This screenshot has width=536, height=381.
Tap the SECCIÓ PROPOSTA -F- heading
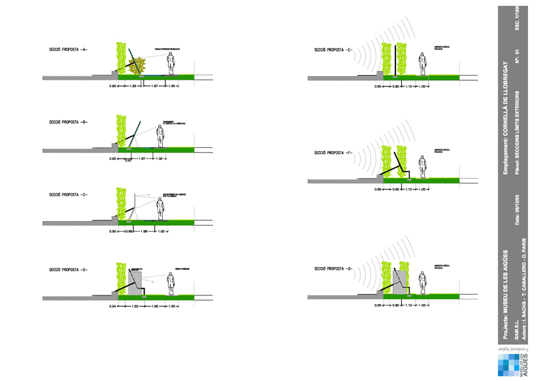pos(333,153)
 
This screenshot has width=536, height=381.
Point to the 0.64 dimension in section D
pos(114,305)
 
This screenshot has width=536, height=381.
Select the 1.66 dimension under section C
pos(143,232)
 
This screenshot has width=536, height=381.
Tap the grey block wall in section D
pos(133,282)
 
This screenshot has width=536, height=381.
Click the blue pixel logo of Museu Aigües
pos(507,364)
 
